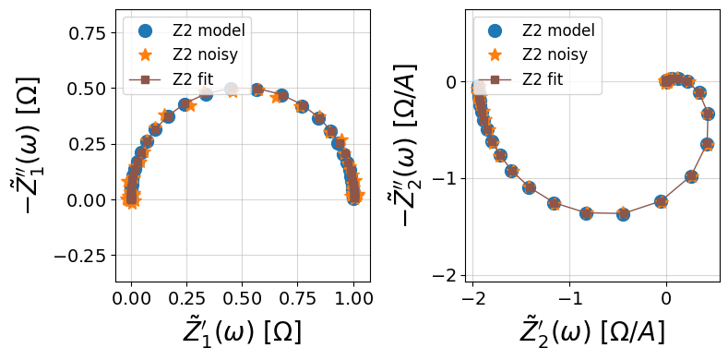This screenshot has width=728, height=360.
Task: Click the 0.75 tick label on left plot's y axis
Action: point(89,33)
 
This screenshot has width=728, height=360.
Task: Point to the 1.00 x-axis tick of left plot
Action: point(354,298)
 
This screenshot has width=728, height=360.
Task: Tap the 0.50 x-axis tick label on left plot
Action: point(243,298)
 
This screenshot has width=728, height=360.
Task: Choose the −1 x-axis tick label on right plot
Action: point(569,298)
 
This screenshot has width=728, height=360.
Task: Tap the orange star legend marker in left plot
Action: point(145,54)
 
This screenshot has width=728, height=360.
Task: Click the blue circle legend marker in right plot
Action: point(495,30)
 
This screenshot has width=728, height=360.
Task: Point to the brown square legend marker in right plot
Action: point(495,80)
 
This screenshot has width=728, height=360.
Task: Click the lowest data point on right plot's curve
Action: point(623,214)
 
